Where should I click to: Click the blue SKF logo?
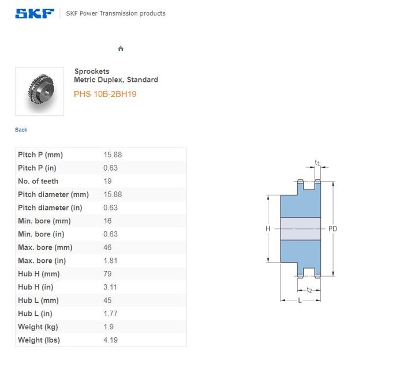point(35,13)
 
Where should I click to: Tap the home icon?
point(121,48)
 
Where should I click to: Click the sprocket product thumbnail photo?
point(39,91)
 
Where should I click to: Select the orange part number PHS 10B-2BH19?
point(105,94)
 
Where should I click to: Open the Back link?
point(21,130)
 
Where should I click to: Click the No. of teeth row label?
point(38,181)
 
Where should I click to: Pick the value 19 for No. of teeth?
point(108,181)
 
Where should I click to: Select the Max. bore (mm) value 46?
point(107,247)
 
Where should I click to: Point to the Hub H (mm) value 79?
point(107,274)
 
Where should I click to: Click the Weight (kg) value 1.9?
point(109,327)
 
